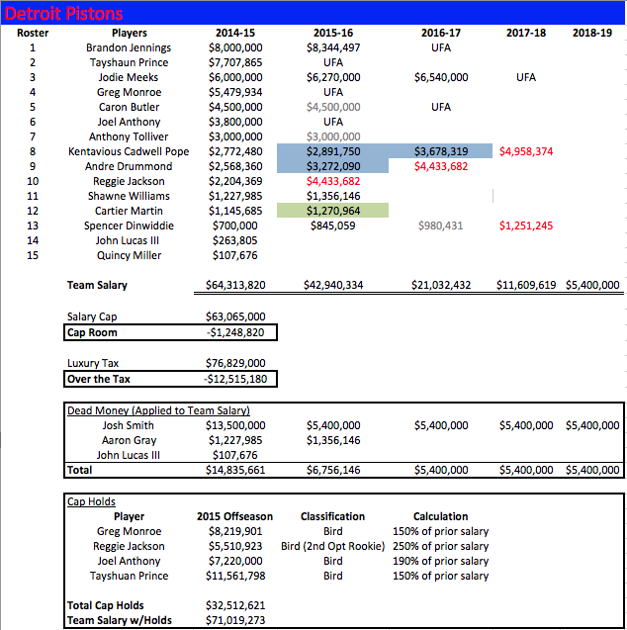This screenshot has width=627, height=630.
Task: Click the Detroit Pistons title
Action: [64, 13]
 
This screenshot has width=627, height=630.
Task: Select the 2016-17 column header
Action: [440, 33]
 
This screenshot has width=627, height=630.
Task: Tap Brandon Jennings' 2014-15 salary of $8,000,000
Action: [235, 47]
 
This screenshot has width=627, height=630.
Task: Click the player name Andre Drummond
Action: [129, 166]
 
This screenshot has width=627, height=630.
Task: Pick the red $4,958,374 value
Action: [526, 151]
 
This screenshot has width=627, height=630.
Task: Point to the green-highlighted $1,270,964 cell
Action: [333, 211]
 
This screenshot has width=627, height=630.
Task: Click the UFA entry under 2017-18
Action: [526, 77]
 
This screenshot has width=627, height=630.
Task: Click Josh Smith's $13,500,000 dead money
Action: [235, 425]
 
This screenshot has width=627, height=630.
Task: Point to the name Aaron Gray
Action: [129, 440]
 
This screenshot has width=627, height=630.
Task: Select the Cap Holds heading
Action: [90, 501]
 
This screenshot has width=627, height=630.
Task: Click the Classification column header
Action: [332, 516]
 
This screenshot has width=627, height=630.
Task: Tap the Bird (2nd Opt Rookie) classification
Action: [332, 546]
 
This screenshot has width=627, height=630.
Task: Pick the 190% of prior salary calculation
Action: [440, 561]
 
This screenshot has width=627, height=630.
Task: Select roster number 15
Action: [32, 255]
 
